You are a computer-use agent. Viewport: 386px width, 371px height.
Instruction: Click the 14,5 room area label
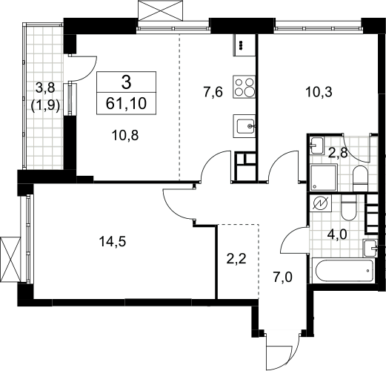tap(113, 241)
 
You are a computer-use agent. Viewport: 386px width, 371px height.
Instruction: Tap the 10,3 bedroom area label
tap(319, 92)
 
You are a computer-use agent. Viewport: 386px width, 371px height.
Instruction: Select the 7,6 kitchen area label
tap(213, 92)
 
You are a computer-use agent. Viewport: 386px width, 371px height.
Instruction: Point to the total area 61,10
tap(126, 103)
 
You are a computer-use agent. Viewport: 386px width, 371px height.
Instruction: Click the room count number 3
tap(126, 82)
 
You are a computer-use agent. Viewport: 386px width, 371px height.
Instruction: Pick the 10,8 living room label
tap(125, 135)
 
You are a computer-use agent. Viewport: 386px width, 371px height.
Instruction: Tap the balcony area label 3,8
tap(45, 88)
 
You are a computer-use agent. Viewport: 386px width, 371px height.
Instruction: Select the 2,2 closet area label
tap(236, 259)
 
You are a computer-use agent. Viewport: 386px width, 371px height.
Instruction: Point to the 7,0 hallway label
tap(282, 277)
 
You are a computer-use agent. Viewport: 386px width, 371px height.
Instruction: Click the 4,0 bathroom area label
tap(337, 234)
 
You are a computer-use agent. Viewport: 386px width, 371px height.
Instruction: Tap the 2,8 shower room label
tap(338, 153)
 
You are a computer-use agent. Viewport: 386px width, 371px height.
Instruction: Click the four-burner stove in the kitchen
tap(244, 87)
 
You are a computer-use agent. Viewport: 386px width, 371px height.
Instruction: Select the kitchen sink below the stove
tap(244, 126)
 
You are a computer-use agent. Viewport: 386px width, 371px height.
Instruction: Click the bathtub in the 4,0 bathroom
tap(344, 271)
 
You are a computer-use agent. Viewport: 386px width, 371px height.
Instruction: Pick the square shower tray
tap(324, 178)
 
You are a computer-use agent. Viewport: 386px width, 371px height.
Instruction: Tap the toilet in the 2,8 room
tap(360, 179)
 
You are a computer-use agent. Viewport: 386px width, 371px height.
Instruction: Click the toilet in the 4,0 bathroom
tap(348, 207)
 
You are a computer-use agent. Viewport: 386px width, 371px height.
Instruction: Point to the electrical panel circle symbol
tap(320, 203)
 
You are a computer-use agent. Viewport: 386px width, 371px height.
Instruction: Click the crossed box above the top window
tap(162, 11)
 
